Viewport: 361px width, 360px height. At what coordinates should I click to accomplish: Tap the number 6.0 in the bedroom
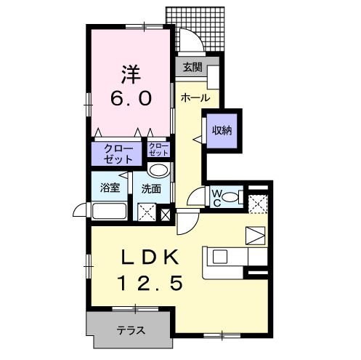click(x=131, y=98)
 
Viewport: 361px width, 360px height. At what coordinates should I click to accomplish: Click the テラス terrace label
click(x=131, y=331)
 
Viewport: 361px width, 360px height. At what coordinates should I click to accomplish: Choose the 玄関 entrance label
click(x=192, y=68)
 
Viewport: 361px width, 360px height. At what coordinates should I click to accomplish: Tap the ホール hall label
click(x=195, y=97)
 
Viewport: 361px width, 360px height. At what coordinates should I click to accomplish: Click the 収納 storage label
click(x=222, y=131)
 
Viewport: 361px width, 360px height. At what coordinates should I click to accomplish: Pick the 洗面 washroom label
click(x=151, y=188)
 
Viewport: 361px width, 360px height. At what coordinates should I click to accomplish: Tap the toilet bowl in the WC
click(x=232, y=196)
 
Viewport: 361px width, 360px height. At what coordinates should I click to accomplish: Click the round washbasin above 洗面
click(x=158, y=170)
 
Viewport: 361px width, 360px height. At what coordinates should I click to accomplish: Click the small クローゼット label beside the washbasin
click(x=158, y=150)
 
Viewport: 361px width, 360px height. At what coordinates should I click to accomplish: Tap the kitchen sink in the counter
click(x=220, y=257)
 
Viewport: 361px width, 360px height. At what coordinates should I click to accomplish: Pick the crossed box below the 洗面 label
click(x=147, y=213)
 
